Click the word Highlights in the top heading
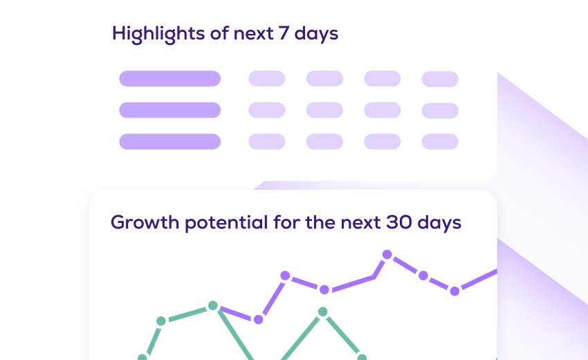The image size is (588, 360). [158, 34]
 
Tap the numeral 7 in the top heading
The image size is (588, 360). [284, 33]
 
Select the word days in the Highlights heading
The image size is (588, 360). [316, 34]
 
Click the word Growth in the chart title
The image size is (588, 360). [145, 222]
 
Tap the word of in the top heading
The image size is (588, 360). [219, 33]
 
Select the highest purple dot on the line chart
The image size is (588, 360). [387, 255]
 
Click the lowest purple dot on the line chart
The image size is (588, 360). [259, 319]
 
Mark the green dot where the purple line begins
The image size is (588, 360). [212, 305]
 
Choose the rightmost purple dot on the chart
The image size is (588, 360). [454, 291]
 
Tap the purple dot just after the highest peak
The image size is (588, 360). [423, 276]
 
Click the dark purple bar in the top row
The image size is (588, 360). [170, 78]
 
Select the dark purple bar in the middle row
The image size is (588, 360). [170, 110]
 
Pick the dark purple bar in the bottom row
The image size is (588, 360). [170, 141]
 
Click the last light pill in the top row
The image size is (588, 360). [440, 79]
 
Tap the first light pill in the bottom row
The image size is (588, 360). [266, 141]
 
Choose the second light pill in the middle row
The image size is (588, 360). [324, 110]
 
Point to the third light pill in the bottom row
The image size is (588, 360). [382, 141]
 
